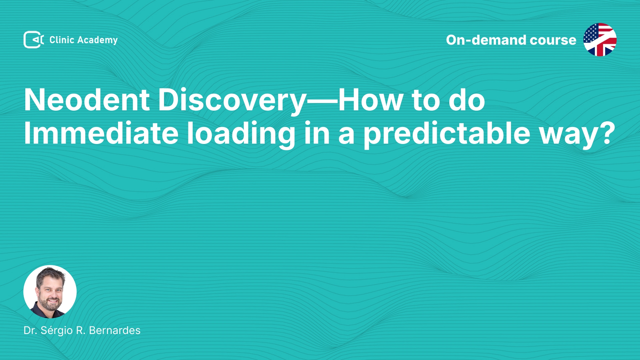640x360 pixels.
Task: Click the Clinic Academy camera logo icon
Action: coord(34,40)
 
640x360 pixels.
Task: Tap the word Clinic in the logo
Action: coord(62,40)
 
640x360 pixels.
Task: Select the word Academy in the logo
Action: coord(97,40)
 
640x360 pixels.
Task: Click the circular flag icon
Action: coord(600,40)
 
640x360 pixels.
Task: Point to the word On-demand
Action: coord(486,40)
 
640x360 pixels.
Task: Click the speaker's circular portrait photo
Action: coord(50,292)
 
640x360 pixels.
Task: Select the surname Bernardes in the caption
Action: coord(115,330)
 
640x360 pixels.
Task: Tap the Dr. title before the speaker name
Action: coord(30,330)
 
